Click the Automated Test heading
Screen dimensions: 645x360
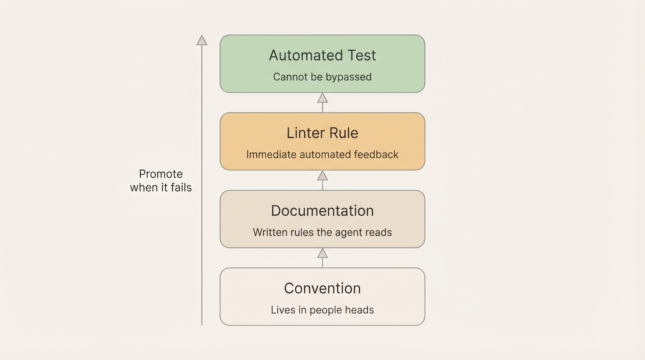pos(322,56)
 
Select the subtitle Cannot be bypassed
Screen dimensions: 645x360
pos(322,77)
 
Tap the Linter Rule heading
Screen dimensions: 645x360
pos(322,133)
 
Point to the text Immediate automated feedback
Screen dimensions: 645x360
pos(322,155)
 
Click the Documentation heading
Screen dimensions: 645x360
pos(322,211)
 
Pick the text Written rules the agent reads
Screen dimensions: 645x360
pos(322,233)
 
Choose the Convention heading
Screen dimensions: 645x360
pos(322,289)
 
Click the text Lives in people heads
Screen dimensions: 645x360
pos(322,310)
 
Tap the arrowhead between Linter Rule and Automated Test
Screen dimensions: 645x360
pos(322,98)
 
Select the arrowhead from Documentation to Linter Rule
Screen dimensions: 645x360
pos(322,176)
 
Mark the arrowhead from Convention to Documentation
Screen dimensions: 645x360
pos(322,254)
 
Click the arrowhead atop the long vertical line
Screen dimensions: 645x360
pos(202,40)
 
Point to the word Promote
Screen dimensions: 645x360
pos(161,174)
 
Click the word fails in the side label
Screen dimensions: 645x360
pos(181,187)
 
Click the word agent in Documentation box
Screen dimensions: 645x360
pos(349,233)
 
